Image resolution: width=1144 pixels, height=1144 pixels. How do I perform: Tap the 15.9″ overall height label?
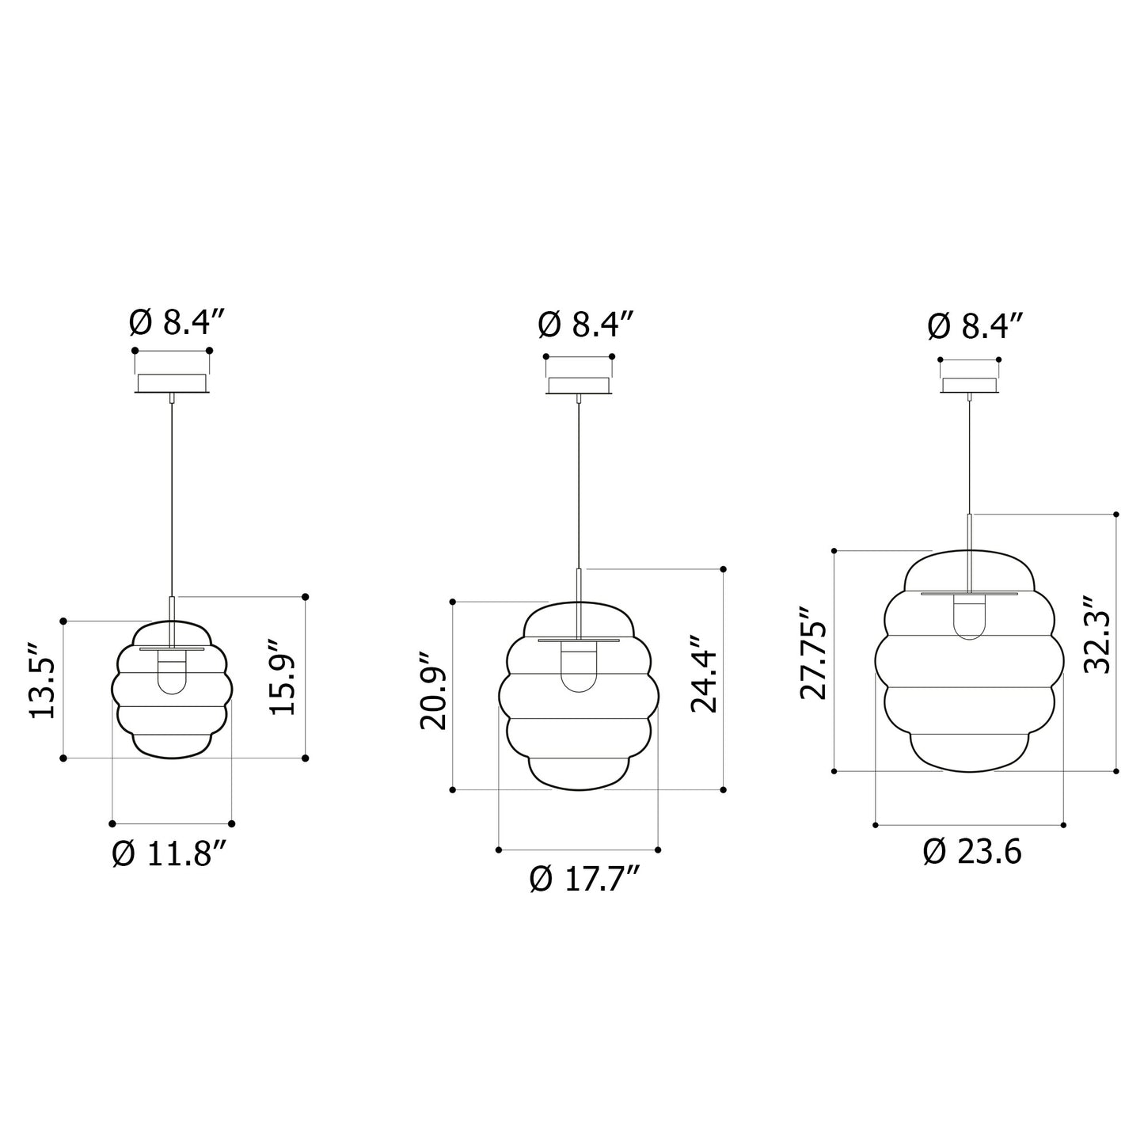coord(283,678)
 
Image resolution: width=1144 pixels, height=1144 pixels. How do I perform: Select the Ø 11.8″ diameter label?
coord(170,855)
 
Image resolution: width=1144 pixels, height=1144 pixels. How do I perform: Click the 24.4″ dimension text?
coord(704,673)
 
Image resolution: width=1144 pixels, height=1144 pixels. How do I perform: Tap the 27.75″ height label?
coord(813,653)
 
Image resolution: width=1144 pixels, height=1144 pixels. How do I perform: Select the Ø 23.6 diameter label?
coord(972,853)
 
